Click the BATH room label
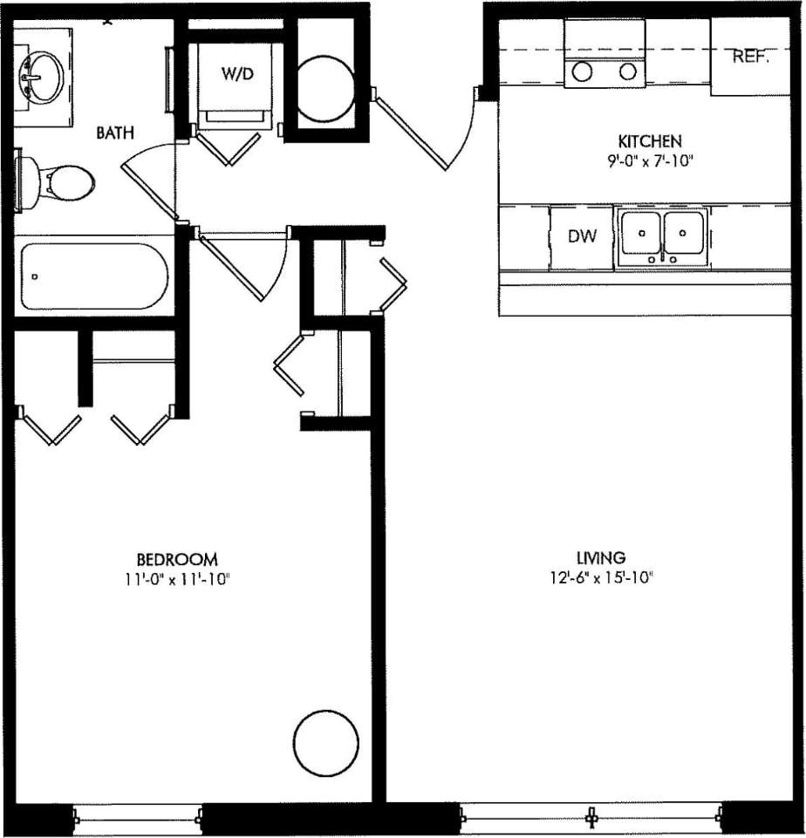(115, 133)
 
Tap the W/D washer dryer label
(236, 74)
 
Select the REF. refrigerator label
(750, 58)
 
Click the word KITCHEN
(649, 141)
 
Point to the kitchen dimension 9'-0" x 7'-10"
(649, 160)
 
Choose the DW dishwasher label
(582, 236)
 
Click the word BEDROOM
(176, 559)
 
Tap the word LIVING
(600, 557)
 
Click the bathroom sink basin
(38, 76)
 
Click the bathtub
(93, 276)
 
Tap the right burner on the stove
(628, 72)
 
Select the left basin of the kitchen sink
(641, 233)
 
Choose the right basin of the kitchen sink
(684, 233)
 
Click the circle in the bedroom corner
(326, 743)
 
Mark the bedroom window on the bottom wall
(139, 817)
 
